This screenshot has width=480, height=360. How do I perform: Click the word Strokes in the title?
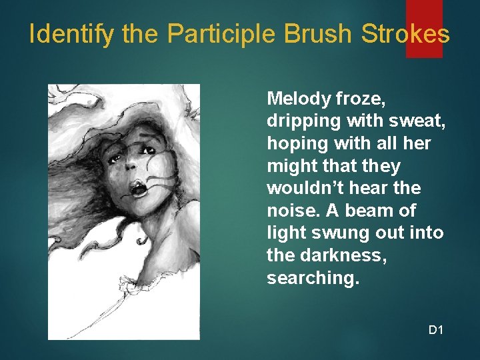(405, 34)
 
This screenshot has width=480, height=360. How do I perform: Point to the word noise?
(289, 211)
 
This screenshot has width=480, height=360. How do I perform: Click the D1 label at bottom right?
(436, 329)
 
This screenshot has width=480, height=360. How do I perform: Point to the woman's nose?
(131, 169)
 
